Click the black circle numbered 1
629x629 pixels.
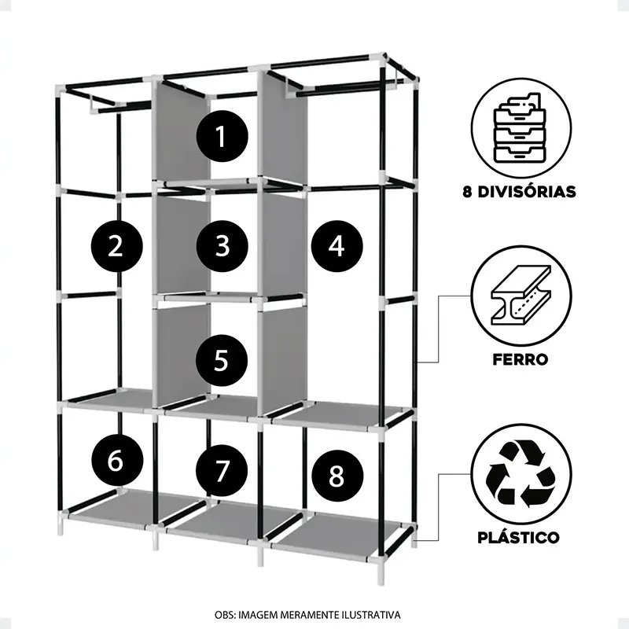[222, 136]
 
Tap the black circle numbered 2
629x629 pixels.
[116, 246]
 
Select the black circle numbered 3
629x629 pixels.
[222, 246]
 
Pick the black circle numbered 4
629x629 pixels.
[337, 246]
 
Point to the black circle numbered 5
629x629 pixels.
[222, 360]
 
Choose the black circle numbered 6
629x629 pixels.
[116, 461]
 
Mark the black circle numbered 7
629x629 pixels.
[222, 470]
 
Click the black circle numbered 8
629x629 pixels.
[337, 476]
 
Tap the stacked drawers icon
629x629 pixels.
[520, 128]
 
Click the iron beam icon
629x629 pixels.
[520, 295]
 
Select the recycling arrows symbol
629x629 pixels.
[520, 473]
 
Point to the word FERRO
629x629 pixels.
[520, 359]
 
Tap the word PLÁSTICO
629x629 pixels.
[518, 537]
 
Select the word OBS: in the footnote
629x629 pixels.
[226, 615]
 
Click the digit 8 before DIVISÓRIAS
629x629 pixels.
[467, 192]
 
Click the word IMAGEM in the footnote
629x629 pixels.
[258, 615]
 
